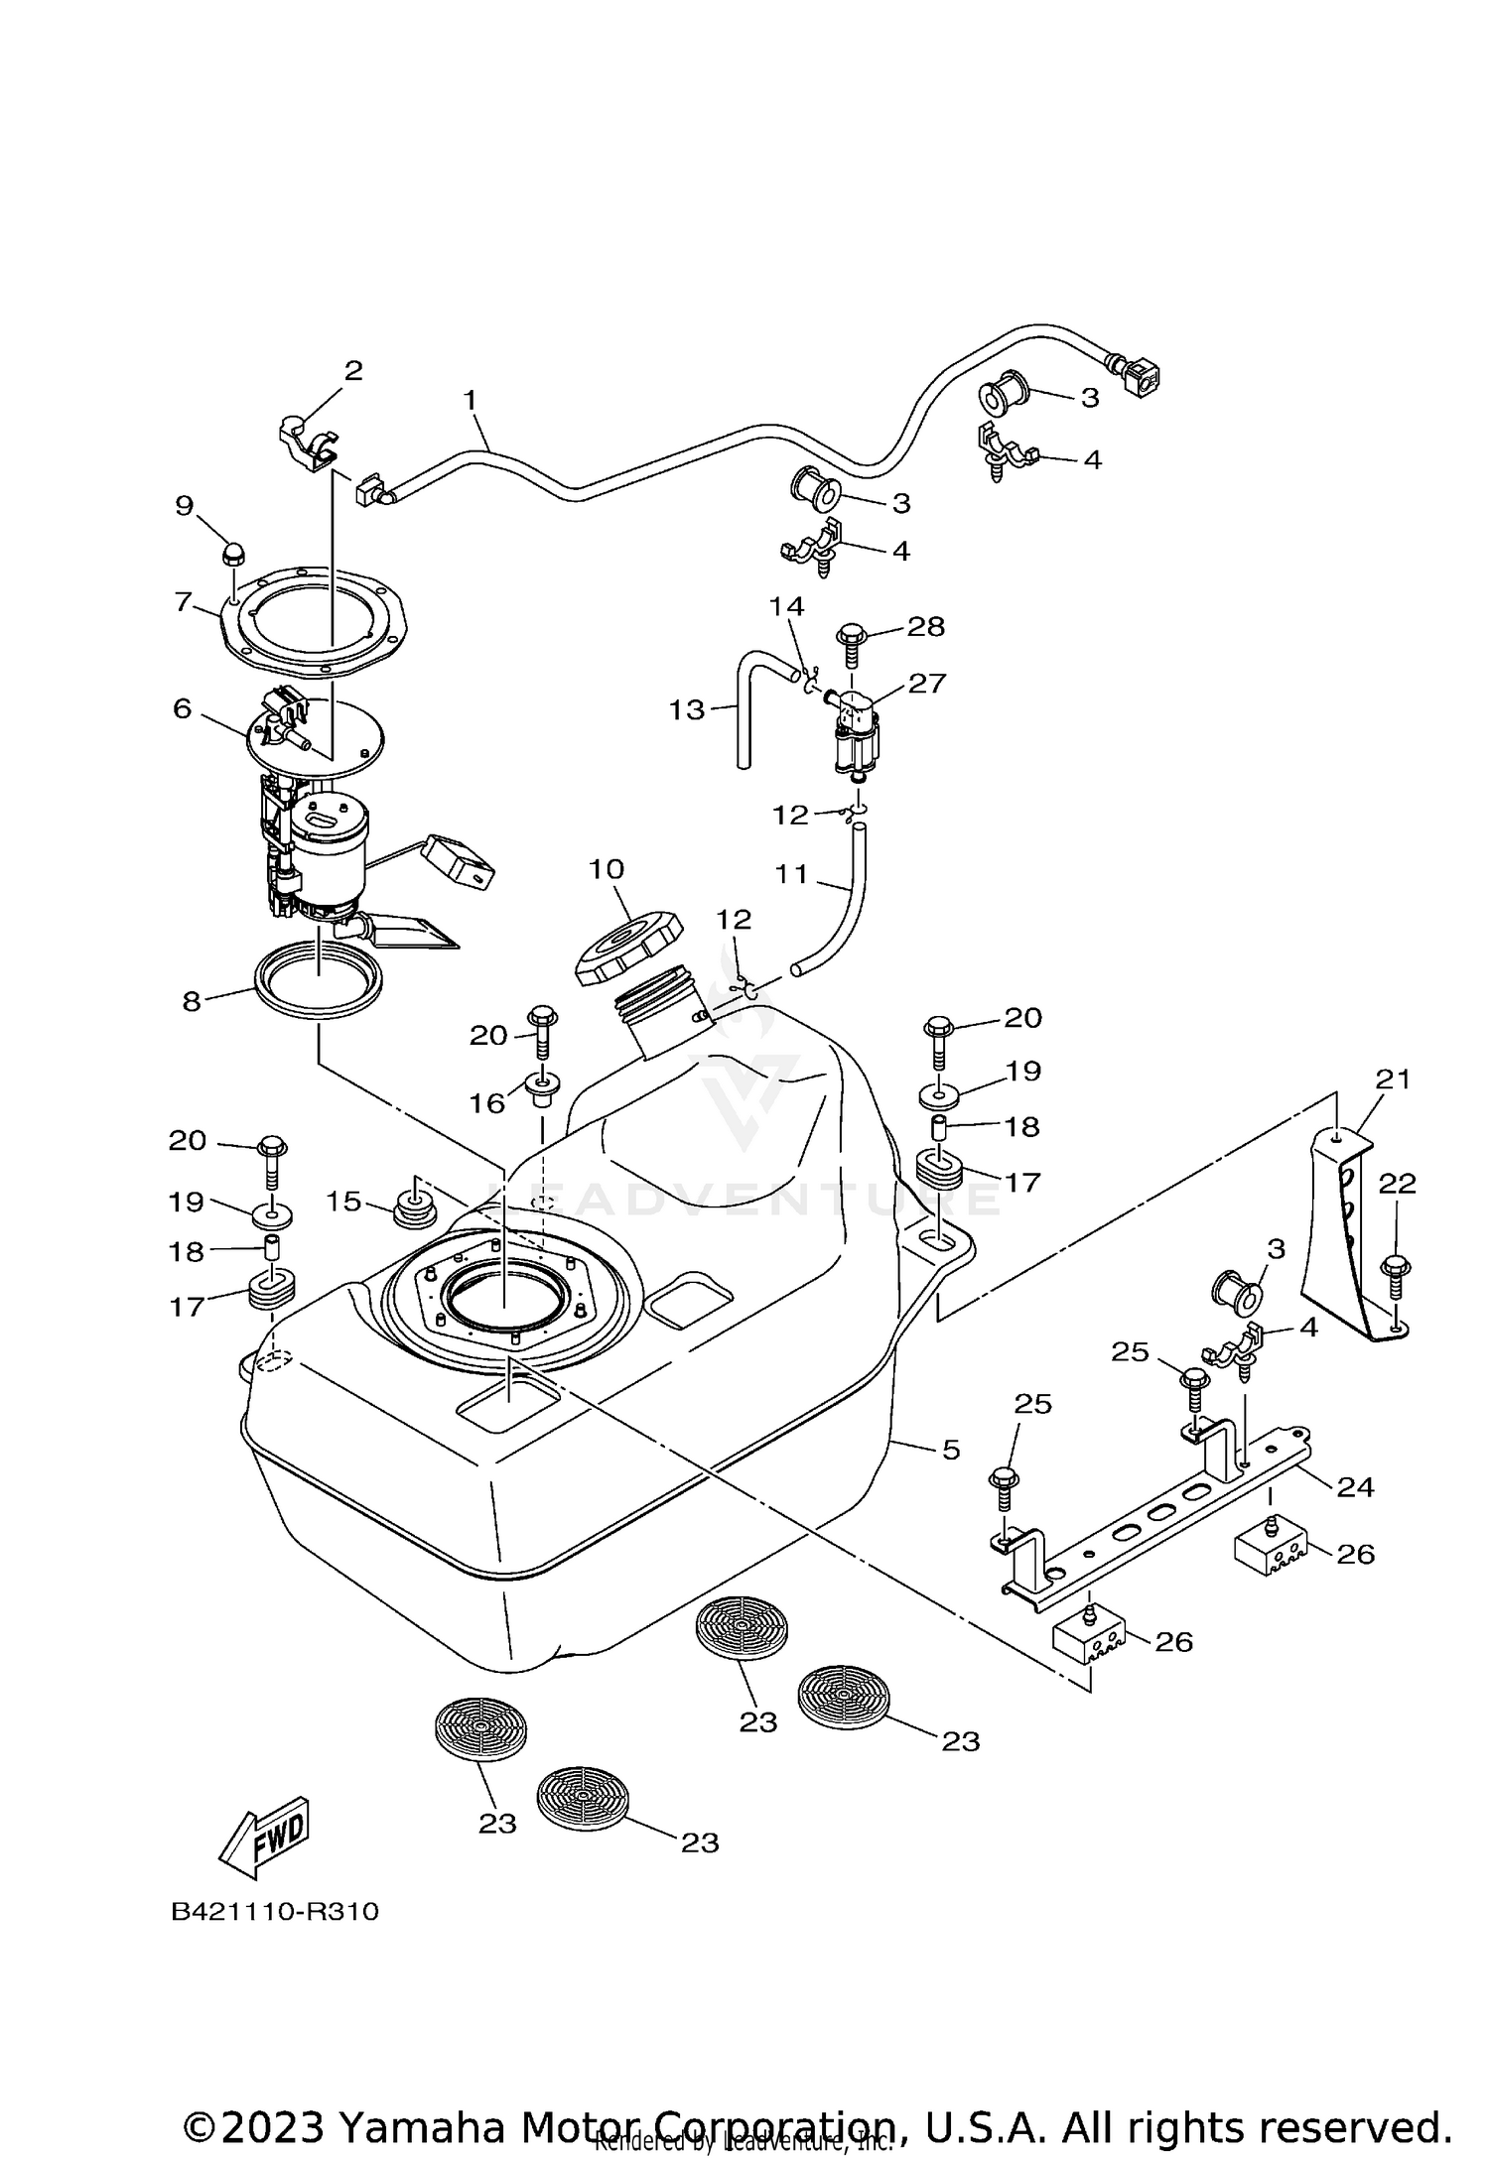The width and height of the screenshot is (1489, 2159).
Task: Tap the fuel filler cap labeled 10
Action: (x=627, y=949)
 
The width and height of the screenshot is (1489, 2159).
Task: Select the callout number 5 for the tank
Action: (x=951, y=1450)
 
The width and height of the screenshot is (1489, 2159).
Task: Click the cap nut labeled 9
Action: (x=235, y=553)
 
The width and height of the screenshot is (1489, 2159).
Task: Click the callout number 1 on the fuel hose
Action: (x=471, y=401)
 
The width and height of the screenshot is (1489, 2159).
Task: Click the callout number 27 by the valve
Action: (x=926, y=683)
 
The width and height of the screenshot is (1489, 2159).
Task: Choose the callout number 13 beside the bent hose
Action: (x=686, y=709)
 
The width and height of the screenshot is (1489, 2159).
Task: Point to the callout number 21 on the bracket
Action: (x=1392, y=1079)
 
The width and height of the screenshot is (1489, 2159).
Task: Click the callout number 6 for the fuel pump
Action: (x=182, y=708)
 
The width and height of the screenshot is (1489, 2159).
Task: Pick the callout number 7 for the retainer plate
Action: (x=183, y=601)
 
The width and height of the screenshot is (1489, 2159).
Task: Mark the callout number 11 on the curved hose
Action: (x=792, y=874)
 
